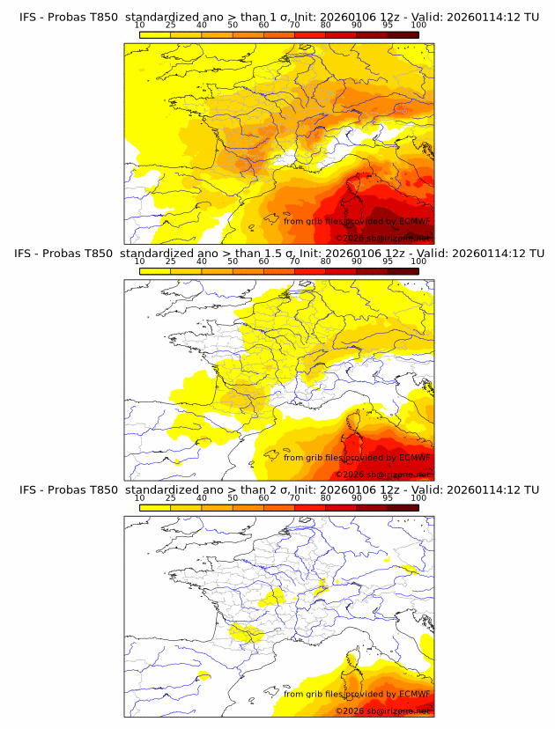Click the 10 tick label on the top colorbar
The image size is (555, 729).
click(x=140, y=25)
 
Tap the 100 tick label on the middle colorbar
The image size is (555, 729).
click(x=418, y=261)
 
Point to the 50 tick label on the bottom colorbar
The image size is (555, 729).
click(x=233, y=498)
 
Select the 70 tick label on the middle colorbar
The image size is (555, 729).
click(x=294, y=261)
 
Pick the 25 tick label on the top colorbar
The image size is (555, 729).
click(x=171, y=25)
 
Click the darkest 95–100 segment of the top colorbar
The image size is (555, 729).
click(x=403, y=33)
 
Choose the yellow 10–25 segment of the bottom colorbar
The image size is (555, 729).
click(x=155, y=507)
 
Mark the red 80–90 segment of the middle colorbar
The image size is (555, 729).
click(x=341, y=270)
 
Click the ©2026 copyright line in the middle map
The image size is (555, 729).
click(x=384, y=474)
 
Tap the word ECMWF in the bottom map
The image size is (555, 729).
click(x=414, y=695)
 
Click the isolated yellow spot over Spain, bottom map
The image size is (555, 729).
click(x=204, y=676)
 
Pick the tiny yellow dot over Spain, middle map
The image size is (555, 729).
click(x=177, y=461)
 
